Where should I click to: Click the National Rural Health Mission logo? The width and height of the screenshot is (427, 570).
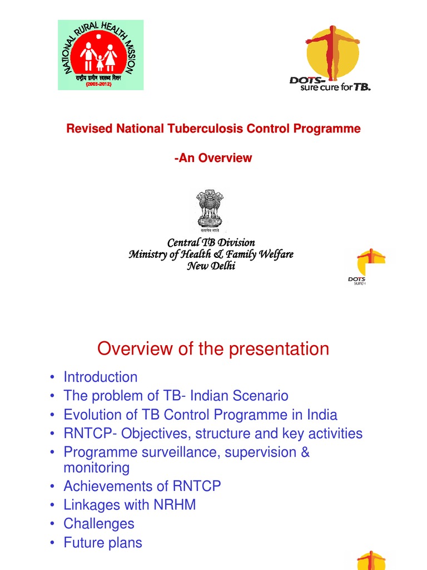(x=101, y=55)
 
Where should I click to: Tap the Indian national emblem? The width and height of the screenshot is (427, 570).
(x=210, y=210)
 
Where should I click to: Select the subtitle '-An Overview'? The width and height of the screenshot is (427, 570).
(x=213, y=158)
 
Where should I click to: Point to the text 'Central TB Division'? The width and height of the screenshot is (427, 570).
(x=211, y=243)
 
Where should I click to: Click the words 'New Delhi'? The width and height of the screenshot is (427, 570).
(x=211, y=266)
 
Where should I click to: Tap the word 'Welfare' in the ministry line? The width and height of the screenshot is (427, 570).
(x=274, y=254)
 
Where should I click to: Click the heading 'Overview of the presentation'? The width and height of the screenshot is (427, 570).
(x=213, y=349)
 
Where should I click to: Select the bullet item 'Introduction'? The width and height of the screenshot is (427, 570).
(x=100, y=377)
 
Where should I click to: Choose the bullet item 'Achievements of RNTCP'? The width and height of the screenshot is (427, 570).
(x=142, y=486)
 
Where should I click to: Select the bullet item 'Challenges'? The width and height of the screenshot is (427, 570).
(x=99, y=524)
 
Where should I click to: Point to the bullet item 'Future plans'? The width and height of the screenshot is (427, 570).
(x=103, y=543)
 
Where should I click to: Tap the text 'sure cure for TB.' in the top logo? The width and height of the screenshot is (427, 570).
(x=335, y=87)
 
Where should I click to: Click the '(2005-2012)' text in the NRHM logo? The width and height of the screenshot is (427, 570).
(x=101, y=85)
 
